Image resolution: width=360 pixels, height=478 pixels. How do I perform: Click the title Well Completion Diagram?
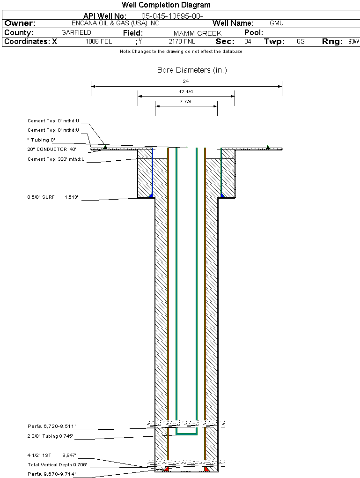[x=166, y=5]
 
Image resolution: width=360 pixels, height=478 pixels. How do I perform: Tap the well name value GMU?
[x=277, y=23]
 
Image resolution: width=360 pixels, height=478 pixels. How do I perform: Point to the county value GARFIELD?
[x=76, y=33]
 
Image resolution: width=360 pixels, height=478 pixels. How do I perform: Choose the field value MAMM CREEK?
[x=198, y=33]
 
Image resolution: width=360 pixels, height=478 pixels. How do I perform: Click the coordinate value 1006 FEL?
[x=99, y=42]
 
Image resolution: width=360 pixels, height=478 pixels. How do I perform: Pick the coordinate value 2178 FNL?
[x=182, y=42]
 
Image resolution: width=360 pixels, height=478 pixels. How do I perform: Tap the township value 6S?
[x=301, y=42]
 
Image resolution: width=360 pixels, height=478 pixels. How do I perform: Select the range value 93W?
[x=353, y=42]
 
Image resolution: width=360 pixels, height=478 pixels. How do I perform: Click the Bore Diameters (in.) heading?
[x=192, y=70]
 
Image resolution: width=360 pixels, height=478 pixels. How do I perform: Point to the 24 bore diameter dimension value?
[x=186, y=82]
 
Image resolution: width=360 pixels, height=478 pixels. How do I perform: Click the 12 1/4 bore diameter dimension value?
[x=186, y=92]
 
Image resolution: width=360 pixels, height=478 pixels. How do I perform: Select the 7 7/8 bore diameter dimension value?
[x=186, y=102]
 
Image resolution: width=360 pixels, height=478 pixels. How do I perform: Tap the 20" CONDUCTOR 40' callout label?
[x=52, y=149]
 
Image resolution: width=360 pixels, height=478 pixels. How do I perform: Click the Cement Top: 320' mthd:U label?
[x=56, y=159]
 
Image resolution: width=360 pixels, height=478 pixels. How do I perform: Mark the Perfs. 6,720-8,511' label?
[x=51, y=426]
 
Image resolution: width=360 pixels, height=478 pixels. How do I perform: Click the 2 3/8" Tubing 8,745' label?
[x=50, y=436]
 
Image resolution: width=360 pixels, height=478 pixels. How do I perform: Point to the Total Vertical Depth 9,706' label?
[x=58, y=465]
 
